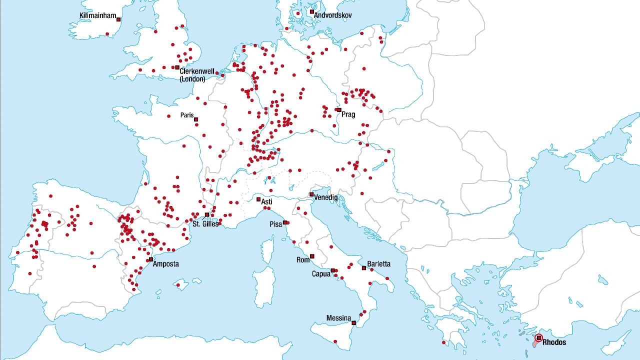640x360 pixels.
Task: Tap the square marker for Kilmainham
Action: (118, 19)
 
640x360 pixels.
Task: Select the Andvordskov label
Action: (333, 15)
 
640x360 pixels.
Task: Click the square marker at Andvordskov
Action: (311, 11)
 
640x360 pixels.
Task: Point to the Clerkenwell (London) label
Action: (196, 75)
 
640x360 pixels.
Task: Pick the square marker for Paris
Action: (196, 119)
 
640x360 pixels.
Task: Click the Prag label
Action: (348, 114)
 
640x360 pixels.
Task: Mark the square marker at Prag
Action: (338, 110)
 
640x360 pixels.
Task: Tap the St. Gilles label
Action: (205, 224)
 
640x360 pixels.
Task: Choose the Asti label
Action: (267, 201)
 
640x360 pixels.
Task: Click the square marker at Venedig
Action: (311, 194)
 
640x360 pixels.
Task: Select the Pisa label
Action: (276, 224)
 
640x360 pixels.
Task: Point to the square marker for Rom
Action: (312, 256)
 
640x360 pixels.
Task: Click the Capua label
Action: (321, 274)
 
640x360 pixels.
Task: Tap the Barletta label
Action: (379, 264)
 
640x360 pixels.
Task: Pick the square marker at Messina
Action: (353, 323)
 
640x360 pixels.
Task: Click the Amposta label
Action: (166, 264)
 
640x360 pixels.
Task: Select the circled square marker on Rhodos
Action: (539, 338)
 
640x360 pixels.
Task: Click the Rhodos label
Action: (554, 342)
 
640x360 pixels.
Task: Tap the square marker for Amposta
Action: (151, 259)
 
